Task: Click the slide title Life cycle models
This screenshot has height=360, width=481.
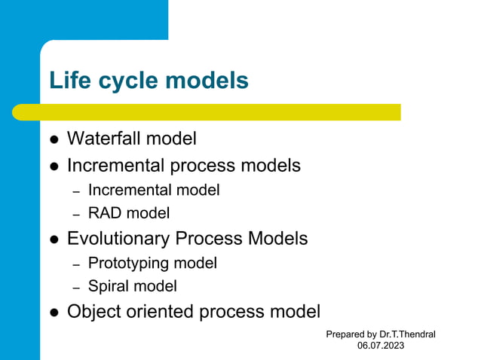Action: pyautogui.click(x=149, y=81)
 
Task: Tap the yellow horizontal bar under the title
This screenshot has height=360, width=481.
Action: pyautogui.click(x=207, y=112)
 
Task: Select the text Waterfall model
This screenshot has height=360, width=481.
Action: pyautogui.click(x=131, y=139)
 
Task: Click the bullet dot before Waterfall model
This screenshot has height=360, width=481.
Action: pyautogui.click(x=54, y=140)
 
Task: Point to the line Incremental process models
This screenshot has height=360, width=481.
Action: pyautogui.click(x=183, y=165)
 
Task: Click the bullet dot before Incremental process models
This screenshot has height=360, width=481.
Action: pyautogui.click(x=54, y=166)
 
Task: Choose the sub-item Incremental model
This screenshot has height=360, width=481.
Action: pyautogui.click(x=154, y=191)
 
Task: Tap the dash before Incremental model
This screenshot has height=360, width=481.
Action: pyautogui.click(x=75, y=191)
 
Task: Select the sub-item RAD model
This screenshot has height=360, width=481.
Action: pyautogui.click(x=128, y=213)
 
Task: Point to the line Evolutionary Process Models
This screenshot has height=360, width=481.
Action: pyautogui.click(x=187, y=239)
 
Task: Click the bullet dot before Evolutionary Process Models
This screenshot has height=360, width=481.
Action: pyautogui.click(x=54, y=240)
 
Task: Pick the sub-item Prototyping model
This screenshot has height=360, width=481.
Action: pyautogui.click(x=152, y=263)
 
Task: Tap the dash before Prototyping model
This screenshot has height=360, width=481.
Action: pyautogui.click(x=75, y=264)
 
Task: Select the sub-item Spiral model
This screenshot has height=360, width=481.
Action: pyautogui.click(x=132, y=286)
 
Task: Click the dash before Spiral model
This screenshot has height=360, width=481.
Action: pyautogui.click(x=75, y=287)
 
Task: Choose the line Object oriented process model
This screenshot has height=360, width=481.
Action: pyautogui.click(x=193, y=311)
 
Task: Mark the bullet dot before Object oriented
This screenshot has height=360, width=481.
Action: pyautogui.click(x=54, y=313)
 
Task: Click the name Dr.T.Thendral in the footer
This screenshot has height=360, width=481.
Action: pyautogui.click(x=407, y=334)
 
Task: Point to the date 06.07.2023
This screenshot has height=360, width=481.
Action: pyautogui.click(x=381, y=346)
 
